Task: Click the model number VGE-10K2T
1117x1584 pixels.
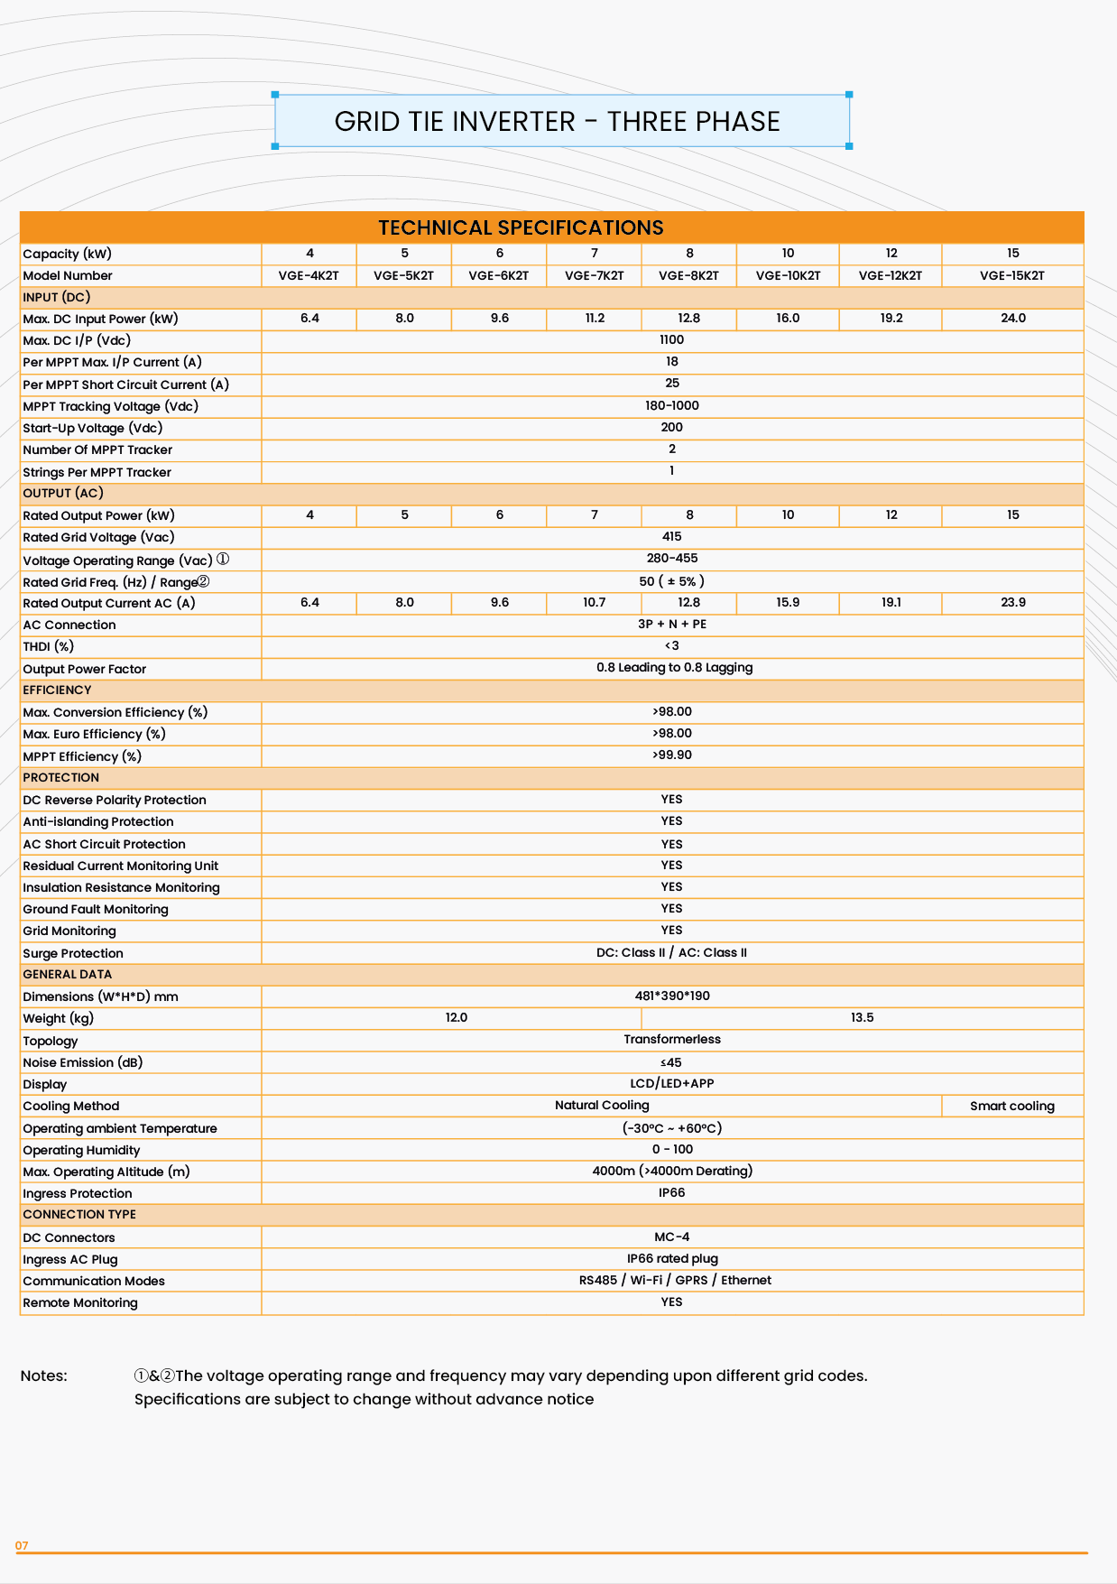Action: (x=788, y=275)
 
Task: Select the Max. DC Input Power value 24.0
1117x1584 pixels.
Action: (x=1012, y=319)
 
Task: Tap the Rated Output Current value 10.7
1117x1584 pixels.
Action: (x=594, y=602)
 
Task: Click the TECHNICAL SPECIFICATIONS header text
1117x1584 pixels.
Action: (x=521, y=227)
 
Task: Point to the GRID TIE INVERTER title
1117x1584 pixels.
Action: (x=557, y=122)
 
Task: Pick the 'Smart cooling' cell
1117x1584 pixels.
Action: (x=1011, y=1106)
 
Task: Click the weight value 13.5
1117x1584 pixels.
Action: (x=862, y=1018)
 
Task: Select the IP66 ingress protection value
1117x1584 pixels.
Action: (x=671, y=1193)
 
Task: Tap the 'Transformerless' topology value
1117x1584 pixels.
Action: (x=671, y=1040)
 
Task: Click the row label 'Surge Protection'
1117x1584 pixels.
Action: (x=73, y=953)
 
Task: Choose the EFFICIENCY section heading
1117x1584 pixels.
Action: (x=57, y=690)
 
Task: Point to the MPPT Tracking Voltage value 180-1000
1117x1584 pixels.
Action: (x=671, y=406)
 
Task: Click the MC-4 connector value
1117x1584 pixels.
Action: (x=671, y=1237)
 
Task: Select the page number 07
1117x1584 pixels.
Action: (x=22, y=1546)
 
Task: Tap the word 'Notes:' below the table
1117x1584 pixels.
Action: (x=44, y=1376)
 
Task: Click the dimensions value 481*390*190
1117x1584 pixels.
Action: (x=671, y=996)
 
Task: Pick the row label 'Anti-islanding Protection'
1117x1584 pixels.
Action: (x=98, y=822)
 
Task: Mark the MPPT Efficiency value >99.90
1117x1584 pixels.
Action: (x=671, y=755)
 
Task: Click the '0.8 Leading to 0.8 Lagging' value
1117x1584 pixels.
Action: (x=674, y=668)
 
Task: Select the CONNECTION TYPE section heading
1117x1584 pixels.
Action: (x=79, y=1215)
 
